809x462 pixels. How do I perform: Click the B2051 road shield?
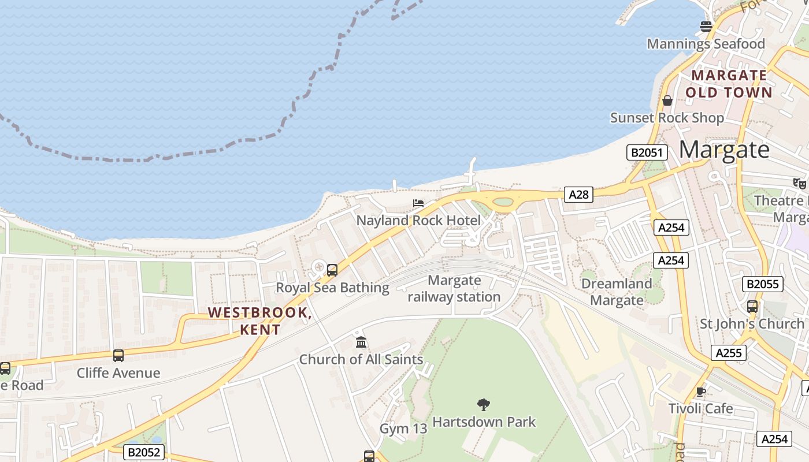647,152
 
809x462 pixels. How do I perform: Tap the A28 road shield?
578,195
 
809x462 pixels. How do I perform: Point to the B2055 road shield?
763,284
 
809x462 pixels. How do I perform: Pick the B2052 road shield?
143,452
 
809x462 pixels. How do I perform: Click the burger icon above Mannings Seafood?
706,26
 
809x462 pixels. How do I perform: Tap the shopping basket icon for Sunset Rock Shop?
667,100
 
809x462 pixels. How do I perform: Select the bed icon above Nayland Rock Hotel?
418,203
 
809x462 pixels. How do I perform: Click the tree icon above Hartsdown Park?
484,404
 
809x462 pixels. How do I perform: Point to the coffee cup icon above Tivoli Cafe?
701,392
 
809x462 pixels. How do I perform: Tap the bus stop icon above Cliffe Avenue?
118,356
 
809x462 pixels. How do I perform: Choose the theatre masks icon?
800,183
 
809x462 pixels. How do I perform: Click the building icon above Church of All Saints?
361,342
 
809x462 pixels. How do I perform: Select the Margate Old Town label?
729,84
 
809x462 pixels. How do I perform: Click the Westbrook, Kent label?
260,321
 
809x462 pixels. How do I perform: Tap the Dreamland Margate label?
617,292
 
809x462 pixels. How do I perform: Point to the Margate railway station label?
454,289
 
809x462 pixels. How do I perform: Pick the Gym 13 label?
403,429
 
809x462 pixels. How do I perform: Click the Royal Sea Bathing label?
332,288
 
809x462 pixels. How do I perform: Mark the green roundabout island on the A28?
504,202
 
